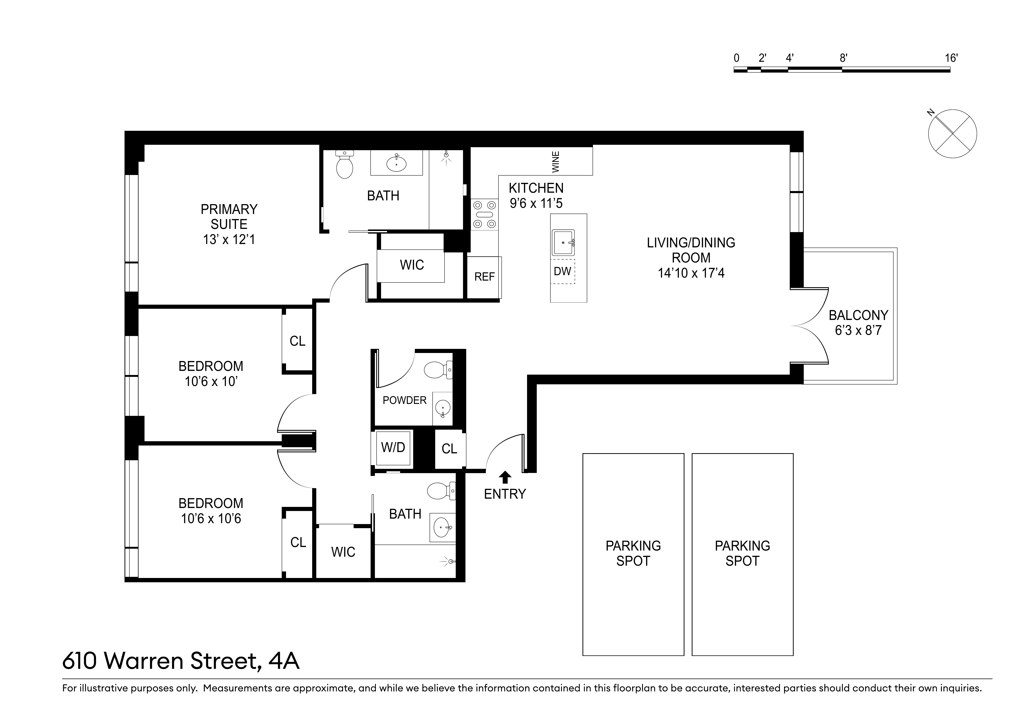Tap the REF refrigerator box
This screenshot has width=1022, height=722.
click(x=484, y=277)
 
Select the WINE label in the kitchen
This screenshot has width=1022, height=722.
click(x=555, y=162)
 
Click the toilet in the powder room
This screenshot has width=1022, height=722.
click(x=438, y=370)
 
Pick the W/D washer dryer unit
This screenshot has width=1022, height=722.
click(x=393, y=448)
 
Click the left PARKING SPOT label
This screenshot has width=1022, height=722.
click(x=633, y=553)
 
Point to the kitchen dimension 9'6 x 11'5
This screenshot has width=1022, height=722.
click(x=536, y=203)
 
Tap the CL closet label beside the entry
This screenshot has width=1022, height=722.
click(x=449, y=449)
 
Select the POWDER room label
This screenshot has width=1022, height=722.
click(x=404, y=400)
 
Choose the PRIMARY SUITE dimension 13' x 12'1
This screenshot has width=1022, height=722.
click(x=229, y=240)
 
